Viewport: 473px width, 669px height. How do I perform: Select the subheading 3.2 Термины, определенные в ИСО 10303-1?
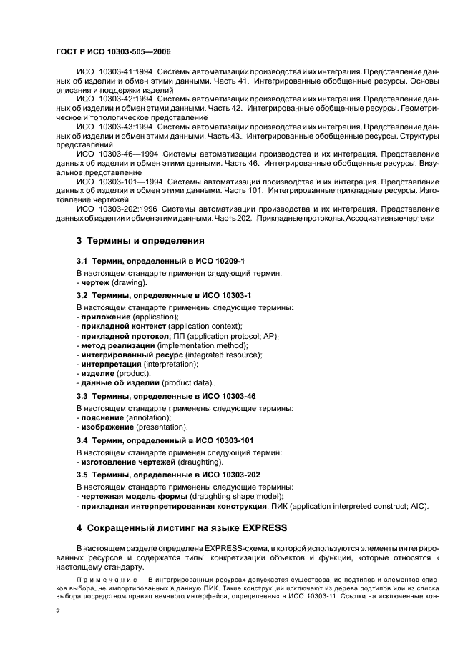coord(164,295)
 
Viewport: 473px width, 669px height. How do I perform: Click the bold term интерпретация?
coord(114,364)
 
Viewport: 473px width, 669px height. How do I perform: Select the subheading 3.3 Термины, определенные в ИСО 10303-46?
coord(166,396)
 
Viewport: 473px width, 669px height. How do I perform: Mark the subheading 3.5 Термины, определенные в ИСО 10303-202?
coord(168,475)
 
